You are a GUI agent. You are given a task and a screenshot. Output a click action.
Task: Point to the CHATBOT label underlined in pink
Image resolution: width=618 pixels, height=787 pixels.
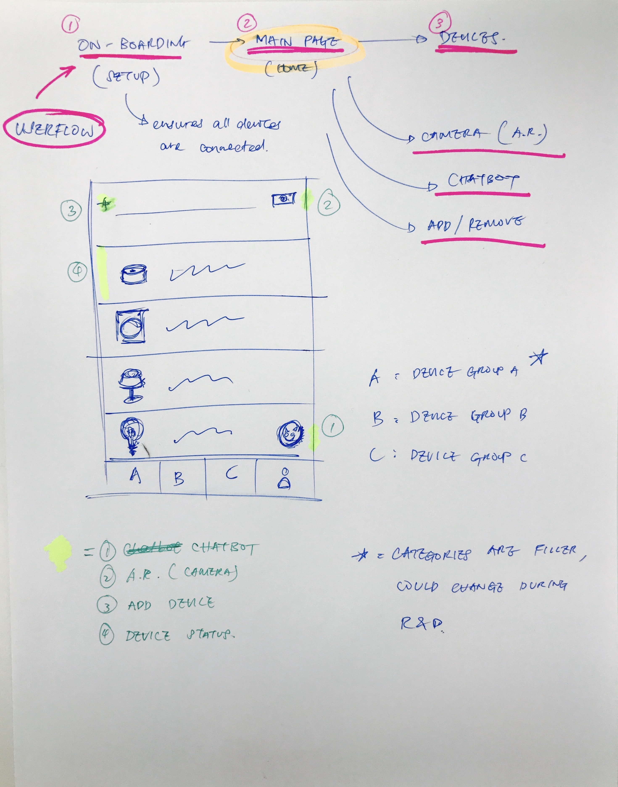483,180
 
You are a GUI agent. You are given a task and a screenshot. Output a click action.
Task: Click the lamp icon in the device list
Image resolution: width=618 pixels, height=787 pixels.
132,385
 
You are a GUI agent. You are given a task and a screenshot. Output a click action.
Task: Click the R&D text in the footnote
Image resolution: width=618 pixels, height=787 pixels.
422,623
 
